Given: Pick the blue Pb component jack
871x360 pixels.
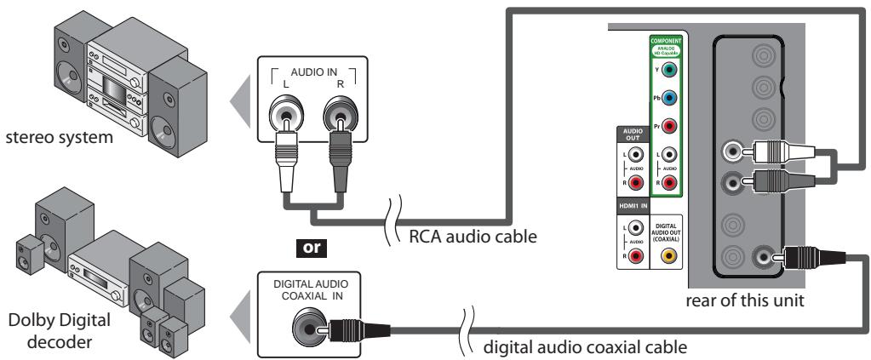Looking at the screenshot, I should tap(669, 98).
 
